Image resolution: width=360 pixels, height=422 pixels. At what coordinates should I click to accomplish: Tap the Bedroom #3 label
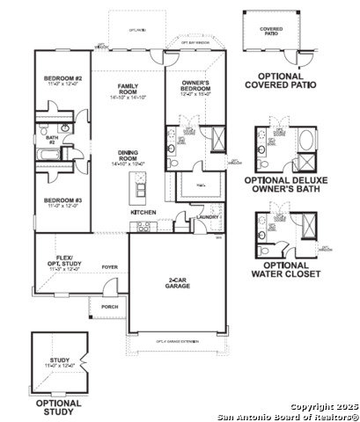(x=62, y=200)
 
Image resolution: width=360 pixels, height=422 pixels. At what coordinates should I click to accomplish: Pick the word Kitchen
(x=143, y=213)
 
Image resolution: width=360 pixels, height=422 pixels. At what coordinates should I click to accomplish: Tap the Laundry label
(x=208, y=216)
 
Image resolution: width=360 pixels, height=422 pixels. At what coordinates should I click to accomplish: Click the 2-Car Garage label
(x=182, y=284)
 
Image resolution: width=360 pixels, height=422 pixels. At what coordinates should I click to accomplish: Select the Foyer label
(x=110, y=266)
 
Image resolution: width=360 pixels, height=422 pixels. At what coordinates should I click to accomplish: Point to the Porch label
(x=110, y=307)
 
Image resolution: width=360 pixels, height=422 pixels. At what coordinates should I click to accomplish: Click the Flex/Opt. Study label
(x=63, y=261)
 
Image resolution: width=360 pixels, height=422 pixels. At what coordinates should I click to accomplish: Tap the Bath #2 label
(x=40, y=139)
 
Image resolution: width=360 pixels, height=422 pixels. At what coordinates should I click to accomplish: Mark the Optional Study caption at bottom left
(x=59, y=407)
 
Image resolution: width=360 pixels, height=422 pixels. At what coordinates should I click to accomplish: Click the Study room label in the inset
(x=60, y=360)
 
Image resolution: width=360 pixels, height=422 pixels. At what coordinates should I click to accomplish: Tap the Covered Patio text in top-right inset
(x=271, y=30)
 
